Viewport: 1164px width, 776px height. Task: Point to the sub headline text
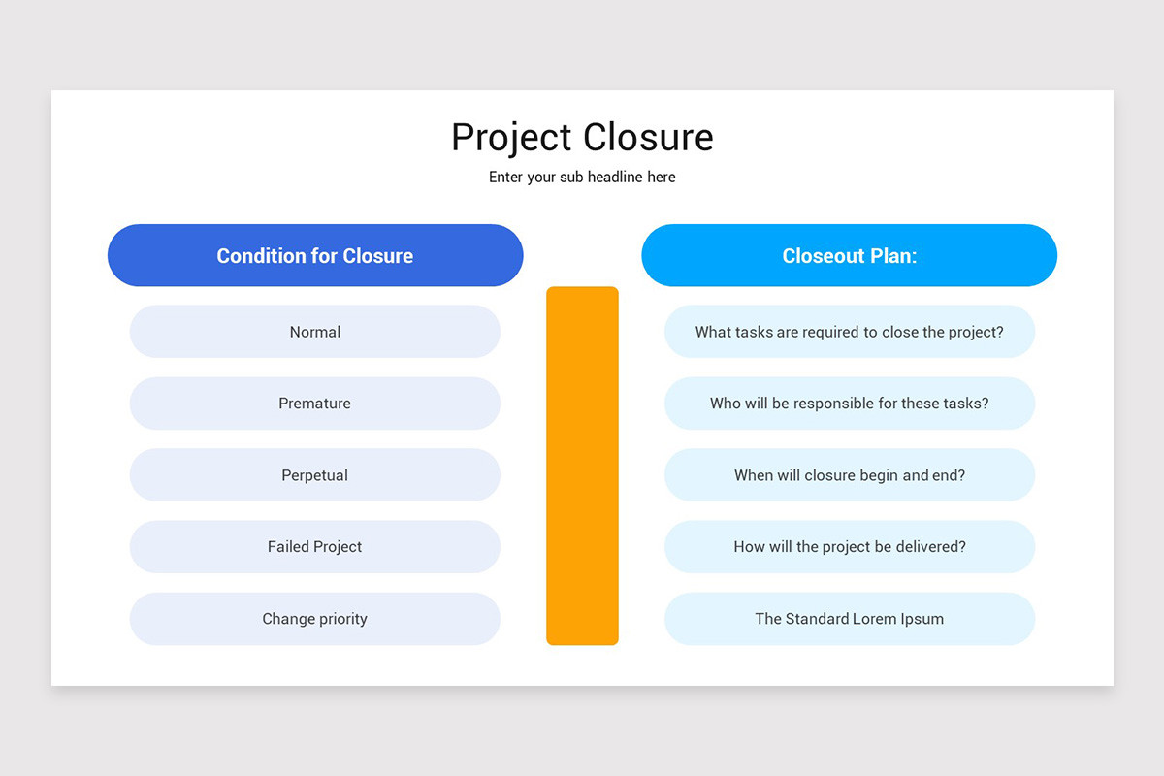[582, 178]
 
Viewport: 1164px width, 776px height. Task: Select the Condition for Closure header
[315, 256]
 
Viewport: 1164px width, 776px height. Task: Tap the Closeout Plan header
[849, 256]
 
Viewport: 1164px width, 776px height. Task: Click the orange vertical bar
[582, 466]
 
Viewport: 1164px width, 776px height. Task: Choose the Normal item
[315, 332]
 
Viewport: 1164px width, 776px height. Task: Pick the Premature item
[315, 404]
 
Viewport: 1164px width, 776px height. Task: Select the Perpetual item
[315, 475]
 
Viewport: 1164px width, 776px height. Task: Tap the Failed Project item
[315, 547]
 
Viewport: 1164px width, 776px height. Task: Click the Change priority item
[315, 619]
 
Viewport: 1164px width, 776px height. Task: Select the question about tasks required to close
[849, 332]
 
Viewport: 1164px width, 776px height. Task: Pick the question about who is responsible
[849, 404]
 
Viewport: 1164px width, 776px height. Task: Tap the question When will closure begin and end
[849, 475]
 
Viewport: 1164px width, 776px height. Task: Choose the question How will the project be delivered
[849, 547]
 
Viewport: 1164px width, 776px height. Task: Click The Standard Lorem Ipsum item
[849, 619]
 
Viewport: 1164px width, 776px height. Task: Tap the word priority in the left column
[340, 619]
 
